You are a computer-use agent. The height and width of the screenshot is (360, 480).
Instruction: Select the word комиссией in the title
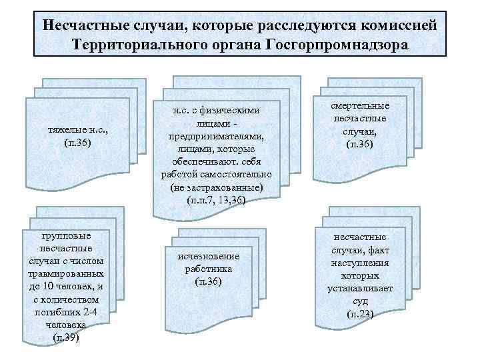[393, 25]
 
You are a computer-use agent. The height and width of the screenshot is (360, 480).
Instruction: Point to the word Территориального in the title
[145, 45]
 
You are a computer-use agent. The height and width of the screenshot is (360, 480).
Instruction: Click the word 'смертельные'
[361, 106]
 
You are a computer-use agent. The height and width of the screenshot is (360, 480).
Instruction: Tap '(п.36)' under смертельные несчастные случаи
[361, 144]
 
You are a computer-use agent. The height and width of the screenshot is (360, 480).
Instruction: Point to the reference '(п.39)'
[66, 337]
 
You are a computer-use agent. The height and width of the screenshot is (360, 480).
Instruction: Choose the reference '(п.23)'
[361, 313]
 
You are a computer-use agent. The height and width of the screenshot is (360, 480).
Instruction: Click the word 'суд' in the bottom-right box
[361, 301]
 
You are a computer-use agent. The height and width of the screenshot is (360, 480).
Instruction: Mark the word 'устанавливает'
[361, 288]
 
